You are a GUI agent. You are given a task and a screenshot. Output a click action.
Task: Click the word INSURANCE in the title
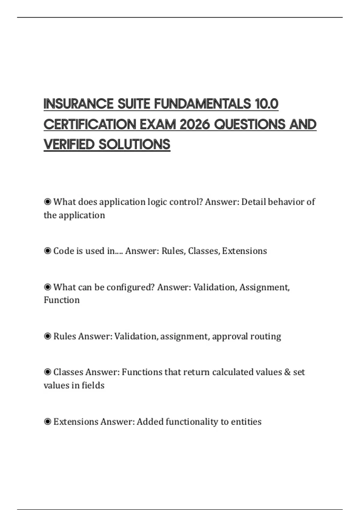point(78,104)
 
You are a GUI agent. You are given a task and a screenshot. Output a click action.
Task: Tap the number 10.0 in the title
point(266,104)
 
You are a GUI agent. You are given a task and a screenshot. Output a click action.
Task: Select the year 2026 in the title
point(195,124)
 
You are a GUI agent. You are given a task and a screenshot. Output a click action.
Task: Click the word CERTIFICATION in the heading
point(90,124)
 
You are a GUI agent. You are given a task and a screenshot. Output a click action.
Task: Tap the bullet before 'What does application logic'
point(47,202)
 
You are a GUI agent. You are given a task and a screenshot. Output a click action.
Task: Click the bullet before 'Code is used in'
point(47,250)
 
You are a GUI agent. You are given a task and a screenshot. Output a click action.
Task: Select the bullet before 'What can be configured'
point(47,287)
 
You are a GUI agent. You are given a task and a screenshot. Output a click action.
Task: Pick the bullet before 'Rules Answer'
point(47,336)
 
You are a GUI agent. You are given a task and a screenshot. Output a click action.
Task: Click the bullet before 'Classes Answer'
point(47,372)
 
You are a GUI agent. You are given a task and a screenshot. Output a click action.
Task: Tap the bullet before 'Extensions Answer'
point(47,421)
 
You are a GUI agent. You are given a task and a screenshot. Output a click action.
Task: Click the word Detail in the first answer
point(253,202)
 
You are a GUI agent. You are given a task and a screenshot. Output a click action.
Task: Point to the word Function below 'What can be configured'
point(62,300)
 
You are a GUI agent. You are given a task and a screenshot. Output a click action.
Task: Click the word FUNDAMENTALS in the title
point(202,104)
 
